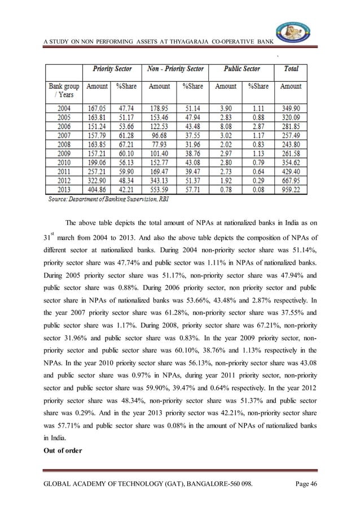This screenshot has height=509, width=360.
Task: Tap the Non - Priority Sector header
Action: click(x=175, y=69)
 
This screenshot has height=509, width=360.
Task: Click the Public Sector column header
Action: click(x=242, y=69)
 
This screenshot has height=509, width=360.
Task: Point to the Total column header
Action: click(x=291, y=69)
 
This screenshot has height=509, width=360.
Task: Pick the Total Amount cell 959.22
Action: click(x=291, y=190)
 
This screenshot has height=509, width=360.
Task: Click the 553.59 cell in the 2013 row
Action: click(x=159, y=190)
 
